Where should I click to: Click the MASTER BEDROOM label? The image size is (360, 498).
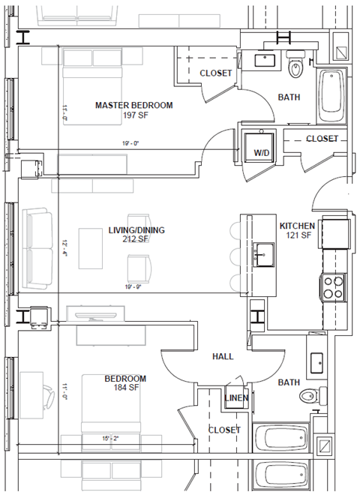point(133,105)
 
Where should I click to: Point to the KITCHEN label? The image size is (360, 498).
point(298,226)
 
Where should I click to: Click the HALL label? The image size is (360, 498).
point(223,357)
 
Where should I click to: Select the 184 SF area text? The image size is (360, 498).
point(126,388)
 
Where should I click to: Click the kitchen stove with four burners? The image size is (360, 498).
point(333,287)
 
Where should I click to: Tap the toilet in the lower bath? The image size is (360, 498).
point(308,396)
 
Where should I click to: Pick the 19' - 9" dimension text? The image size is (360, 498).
point(133,286)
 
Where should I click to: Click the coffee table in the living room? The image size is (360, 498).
point(91,248)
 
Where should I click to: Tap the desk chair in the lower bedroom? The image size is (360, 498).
point(48,395)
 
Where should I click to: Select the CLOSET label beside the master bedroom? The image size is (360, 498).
point(214,73)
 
